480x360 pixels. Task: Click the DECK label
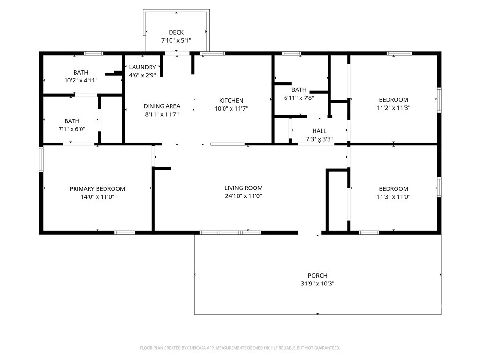click(176, 32)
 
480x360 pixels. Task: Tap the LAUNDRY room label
click(142, 67)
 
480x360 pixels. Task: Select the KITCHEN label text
click(231, 101)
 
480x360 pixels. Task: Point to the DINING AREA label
click(162, 106)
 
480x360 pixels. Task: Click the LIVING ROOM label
click(243, 188)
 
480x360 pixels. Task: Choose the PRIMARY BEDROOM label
click(97, 189)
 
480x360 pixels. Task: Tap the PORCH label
click(317, 276)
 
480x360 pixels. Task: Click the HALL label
click(319, 131)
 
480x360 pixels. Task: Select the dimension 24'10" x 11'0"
click(243, 196)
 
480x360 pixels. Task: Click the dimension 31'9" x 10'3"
click(317, 284)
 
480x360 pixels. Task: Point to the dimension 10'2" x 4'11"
click(81, 81)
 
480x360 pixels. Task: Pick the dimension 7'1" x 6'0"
click(72, 129)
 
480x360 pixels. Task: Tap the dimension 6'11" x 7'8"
click(299, 98)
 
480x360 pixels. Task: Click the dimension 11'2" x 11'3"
click(393, 108)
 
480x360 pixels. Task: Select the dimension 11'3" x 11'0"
click(393, 197)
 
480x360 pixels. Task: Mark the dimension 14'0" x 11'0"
click(97, 197)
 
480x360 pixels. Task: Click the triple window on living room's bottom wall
click(230, 232)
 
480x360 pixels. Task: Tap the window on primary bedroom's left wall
click(41, 159)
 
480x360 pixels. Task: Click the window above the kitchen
click(212, 53)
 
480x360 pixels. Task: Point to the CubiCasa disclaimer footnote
click(240, 348)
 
